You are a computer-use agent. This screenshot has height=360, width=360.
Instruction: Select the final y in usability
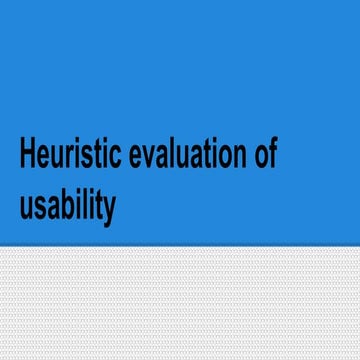tap(109, 209)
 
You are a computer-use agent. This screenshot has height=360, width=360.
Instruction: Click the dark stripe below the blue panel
tap(180, 247)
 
